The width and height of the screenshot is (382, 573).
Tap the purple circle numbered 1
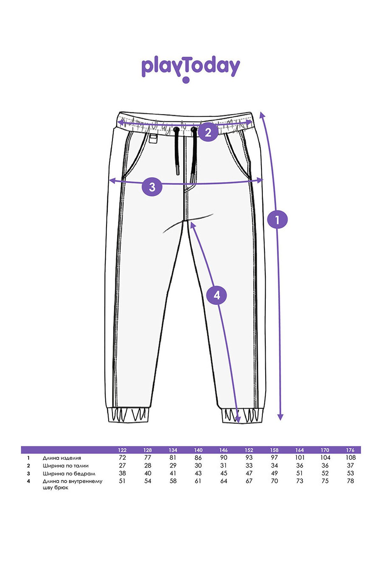(277, 219)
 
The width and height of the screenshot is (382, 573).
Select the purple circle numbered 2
(208, 132)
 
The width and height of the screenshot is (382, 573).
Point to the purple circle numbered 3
(152, 187)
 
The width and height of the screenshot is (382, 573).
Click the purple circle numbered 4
(217, 295)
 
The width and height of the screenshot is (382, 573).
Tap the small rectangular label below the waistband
(153, 139)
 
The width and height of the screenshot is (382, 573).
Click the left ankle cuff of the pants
(129, 415)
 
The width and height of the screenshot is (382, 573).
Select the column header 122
(122, 450)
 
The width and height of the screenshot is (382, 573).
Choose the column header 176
(350, 450)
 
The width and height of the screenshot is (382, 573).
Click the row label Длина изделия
(62, 458)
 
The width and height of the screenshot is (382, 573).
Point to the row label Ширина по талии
(66, 466)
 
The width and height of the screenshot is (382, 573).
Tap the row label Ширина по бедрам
(69, 474)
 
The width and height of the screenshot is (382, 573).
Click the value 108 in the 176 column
(350, 458)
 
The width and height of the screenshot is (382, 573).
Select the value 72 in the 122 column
(122, 458)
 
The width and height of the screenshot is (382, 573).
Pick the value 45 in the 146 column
(223, 473)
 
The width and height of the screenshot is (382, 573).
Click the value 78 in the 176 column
(350, 481)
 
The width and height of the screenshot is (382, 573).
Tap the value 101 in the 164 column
(300, 458)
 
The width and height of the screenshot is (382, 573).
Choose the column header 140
(198, 450)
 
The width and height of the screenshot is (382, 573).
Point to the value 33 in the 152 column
(249, 466)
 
